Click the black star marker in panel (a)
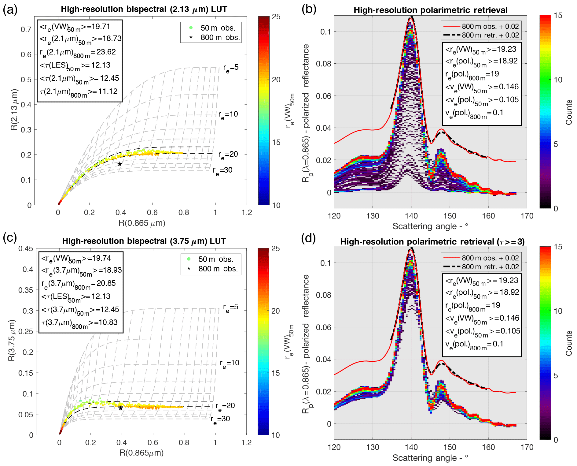120,164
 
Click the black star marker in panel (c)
121,408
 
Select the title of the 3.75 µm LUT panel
144,241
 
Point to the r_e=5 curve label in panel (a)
230,68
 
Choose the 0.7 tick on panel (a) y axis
26,29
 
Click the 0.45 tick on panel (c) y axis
26,248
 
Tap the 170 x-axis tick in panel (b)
527,216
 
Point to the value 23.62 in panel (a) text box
106,52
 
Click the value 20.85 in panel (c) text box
106,283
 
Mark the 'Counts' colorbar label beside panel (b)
569,112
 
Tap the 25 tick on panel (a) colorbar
276,17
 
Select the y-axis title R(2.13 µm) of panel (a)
14,110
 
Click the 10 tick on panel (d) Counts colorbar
558,311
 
